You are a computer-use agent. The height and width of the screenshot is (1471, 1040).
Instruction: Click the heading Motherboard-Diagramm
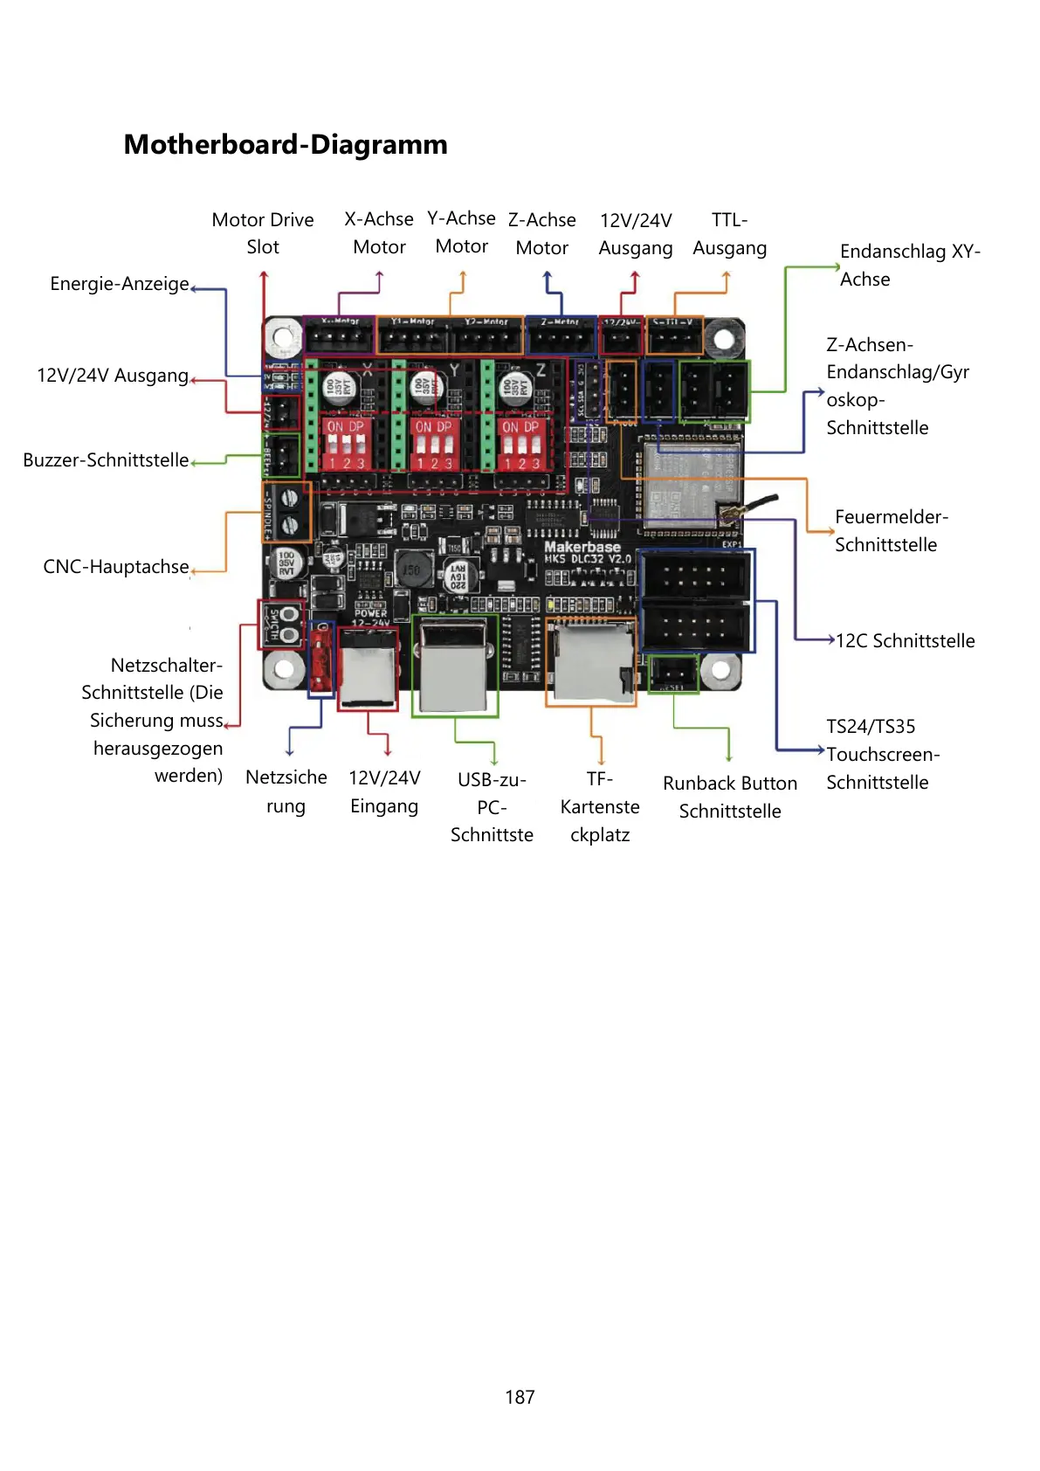pyautogui.click(x=286, y=144)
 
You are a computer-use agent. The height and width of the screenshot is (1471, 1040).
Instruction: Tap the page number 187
pyautogui.click(x=520, y=1397)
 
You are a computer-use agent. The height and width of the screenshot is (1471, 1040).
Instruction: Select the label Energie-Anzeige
pyautogui.click(x=120, y=284)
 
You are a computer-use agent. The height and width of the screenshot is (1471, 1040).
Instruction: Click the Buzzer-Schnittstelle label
pyautogui.click(x=106, y=460)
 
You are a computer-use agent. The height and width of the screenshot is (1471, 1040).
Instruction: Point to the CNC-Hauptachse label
pyautogui.click(x=116, y=567)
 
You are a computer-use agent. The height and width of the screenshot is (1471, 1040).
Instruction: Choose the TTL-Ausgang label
pyautogui.click(x=729, y=234)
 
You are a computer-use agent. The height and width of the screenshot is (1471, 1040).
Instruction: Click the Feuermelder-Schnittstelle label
pyautogui.click(x=890, y=531)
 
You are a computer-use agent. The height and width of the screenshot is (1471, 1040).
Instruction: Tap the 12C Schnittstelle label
pyautogui.click(x=905, y=641)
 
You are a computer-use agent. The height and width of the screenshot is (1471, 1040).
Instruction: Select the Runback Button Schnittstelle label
pyautogui.click(x=730, y=797)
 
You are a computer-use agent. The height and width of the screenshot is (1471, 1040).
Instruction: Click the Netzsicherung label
pyautogui.click(x=286, y=791)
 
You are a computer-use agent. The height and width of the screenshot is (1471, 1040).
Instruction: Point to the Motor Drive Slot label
pyautogui.click(x=263, y=233)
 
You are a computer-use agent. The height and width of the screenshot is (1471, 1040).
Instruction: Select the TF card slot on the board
pyautogui.click(x=590, y=661)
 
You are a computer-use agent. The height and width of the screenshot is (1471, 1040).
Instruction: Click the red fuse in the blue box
pyautogui.click(x=321, y=660)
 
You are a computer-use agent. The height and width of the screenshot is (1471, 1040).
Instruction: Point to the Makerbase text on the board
pyautogui.click(x=582, y=547)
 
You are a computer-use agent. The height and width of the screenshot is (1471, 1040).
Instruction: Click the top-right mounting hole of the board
pyautogui.click(x=723, y=338)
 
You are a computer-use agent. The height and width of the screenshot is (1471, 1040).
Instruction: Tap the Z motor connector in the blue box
pyautogui.click(x=561, y=336)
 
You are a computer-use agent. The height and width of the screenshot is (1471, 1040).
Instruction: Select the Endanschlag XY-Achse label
pyautogui.click(x=909, y=266)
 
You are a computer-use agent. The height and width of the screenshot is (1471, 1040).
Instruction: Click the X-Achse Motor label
pyautogui.click(x=379, y=233)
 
